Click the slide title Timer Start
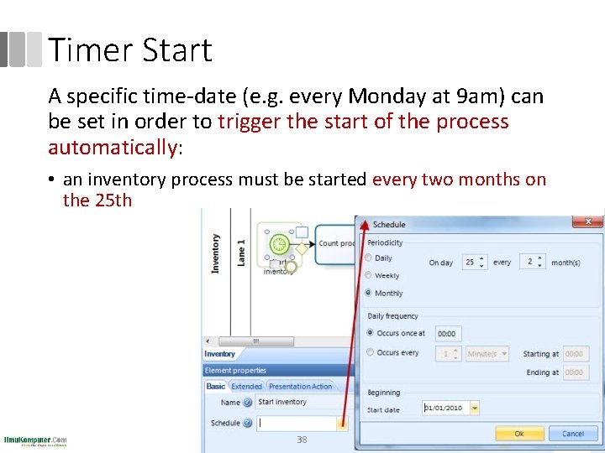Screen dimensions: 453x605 pyautogui.click(x=130, y=50)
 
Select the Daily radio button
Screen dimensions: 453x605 pyautogui.click(x=369, y=258)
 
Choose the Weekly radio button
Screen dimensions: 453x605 pyautogui.click(x=369, y=275)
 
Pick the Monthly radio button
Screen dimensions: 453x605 pyautogui.click(x=369, y=293)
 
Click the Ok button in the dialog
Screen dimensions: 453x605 pyautogui.click(x=518, y=434)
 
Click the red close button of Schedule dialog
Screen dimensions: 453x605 pyautogui.click(x=587, y=221)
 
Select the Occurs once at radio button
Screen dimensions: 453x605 pyautogui.click(x=370, y=333)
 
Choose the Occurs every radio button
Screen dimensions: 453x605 pyautogui.click(x=370, y=353)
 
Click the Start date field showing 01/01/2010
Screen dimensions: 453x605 pyautogui.click(x=445, y=409)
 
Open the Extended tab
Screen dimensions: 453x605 pyautogui.click(x=246, y=387)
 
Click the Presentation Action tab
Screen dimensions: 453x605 pyautogui.click(x=300, y=387)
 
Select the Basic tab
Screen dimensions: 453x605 pyautogui.click(x=216, y=387)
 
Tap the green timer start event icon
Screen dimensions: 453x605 pyautogui.click(x=278, y=245)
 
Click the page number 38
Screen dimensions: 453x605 pyautogui.click(x=302, y=440)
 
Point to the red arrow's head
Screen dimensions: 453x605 pyautogui.click(x=362, y=222)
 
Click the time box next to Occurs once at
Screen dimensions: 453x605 pyautogui.click(x=448, y=334)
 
